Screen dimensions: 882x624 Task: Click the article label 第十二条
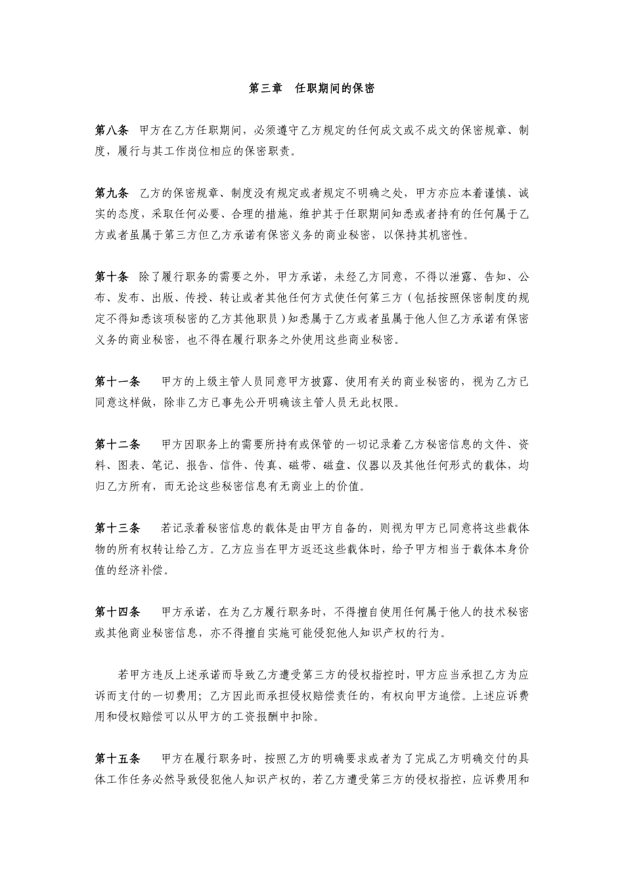click(x=118, y=444)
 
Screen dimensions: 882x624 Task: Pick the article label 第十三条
click(x=118, y=528)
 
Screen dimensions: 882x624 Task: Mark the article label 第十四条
click(x=118, y=612)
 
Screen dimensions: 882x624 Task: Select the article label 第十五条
click(x=118, y=759)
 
